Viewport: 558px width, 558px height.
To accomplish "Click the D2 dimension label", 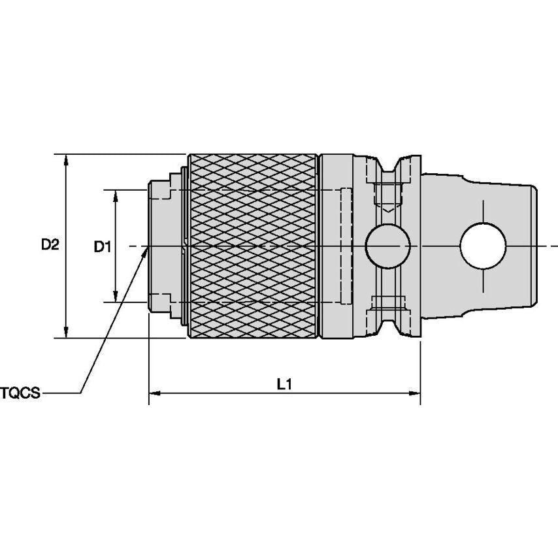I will click(x=50, y=245).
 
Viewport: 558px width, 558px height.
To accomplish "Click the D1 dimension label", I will click(x=101, y=246).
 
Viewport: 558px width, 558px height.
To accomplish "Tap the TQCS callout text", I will click(x=20, y=393).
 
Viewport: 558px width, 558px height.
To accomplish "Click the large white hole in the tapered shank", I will click(x=483, y=246).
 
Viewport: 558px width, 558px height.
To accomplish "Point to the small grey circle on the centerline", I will click(x=387, y=246).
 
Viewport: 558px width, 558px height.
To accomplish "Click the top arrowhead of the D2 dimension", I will click(x=65, y=159).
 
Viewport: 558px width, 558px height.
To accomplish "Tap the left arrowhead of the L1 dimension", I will click(x=154, y=393).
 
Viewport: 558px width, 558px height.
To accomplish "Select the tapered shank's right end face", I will click(x=536, y=246).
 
